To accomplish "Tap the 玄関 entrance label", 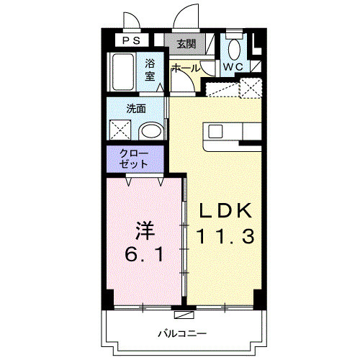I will [186, 43].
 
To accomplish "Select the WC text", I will [233, 67].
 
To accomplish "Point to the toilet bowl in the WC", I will [233, 48].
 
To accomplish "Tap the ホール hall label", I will [186, 68].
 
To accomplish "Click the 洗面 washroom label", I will [136, 109].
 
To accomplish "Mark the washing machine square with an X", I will [120, 130].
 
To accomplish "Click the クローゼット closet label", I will [135, 159].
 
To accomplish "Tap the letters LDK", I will [225, 211].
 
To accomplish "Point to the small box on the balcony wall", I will [184, 314].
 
